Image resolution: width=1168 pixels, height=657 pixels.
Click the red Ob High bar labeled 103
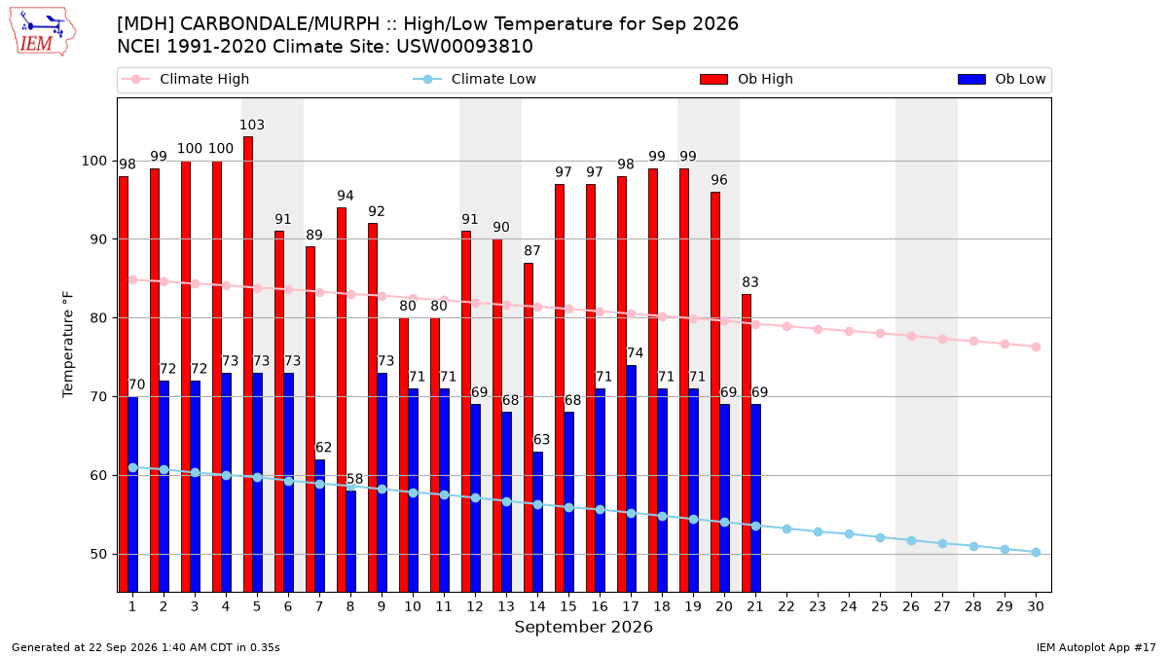point(248,364)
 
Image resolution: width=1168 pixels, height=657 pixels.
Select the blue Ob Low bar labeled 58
point(351,541)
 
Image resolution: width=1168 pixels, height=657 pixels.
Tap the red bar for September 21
point(747,443)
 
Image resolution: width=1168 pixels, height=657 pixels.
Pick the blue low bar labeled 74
point(631,479)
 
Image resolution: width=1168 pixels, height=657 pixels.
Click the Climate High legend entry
point(186,79)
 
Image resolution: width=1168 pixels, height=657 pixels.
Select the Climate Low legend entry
point(475,79)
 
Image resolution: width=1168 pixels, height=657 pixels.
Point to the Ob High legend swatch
point(713,79)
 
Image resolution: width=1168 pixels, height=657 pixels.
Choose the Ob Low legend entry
point(1002,79)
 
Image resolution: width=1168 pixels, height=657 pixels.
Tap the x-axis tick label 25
point(880,606)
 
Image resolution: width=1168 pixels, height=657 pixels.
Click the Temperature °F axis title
point(68,345)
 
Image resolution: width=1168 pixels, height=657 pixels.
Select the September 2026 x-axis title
point(583,627)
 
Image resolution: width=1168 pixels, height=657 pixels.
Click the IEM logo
point(42,32)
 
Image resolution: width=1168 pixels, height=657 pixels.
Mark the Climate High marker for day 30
point(1036,347)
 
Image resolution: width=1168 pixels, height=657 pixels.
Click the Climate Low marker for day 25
point(880,537)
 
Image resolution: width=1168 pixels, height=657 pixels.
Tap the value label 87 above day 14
point(531,251)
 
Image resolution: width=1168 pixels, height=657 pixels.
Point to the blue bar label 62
point(323,448)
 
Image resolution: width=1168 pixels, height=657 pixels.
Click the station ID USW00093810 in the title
point(464,47)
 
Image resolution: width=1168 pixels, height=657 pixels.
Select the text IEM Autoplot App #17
point(1096,647)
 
